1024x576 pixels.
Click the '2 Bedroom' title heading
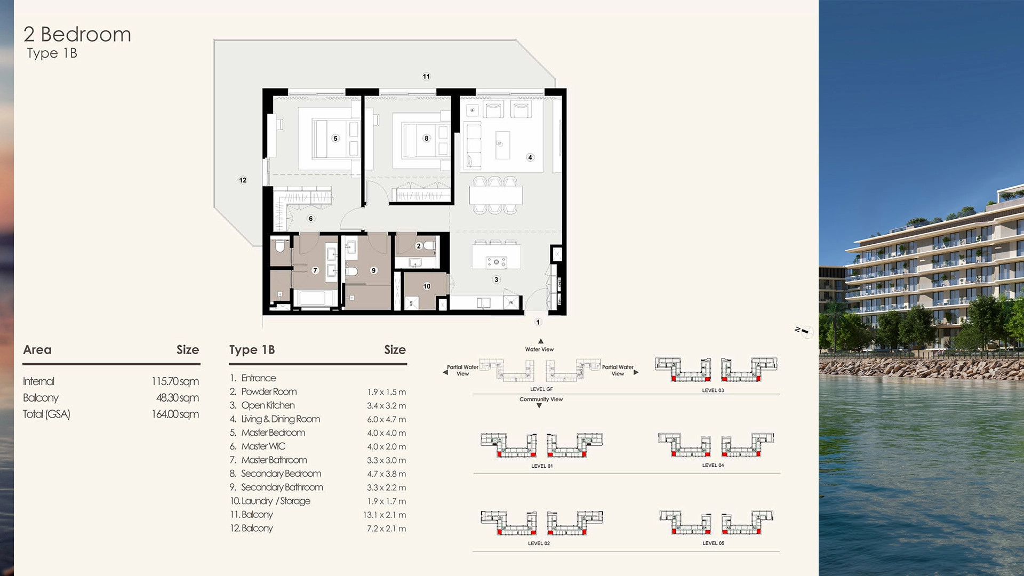[77, 35]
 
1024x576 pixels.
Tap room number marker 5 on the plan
[335, 139]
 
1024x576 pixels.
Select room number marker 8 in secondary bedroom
[426, 139]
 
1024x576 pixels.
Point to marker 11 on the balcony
[426, 77]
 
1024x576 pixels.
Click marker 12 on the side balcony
[243, 180]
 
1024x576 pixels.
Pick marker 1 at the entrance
[538, 322]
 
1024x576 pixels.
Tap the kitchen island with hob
[496, 257]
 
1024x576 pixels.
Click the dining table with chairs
[495, 195]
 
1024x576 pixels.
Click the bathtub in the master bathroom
[315, 298]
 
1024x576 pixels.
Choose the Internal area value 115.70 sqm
[175, 381]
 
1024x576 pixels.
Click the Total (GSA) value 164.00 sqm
[175, 414]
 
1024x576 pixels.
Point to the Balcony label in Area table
[41, 398]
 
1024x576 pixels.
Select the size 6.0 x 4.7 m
[386, 420]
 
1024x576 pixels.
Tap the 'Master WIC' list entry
[263, 446]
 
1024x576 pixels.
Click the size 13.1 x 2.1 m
[385, 515]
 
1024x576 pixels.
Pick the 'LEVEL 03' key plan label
[713, 390]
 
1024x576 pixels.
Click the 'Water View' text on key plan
[539, 349]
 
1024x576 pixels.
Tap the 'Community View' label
[541, 399]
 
